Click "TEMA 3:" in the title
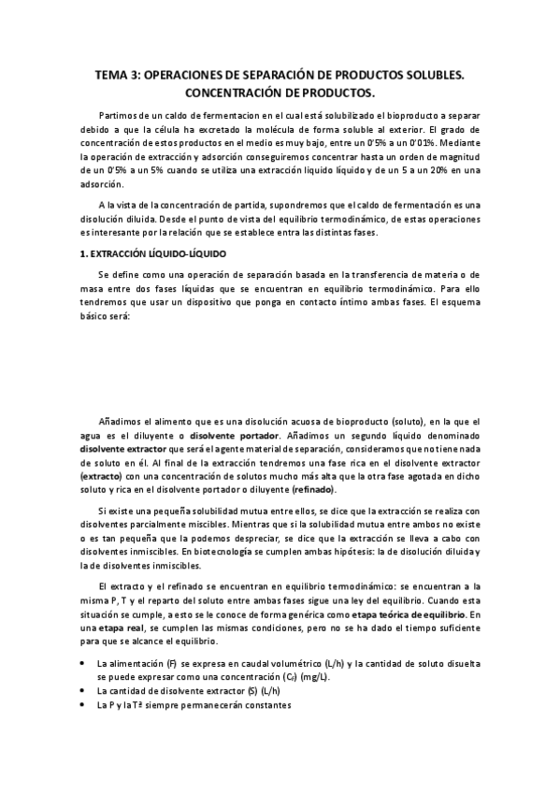click(x=122, y=74)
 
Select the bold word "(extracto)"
click(x=100, y=476)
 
